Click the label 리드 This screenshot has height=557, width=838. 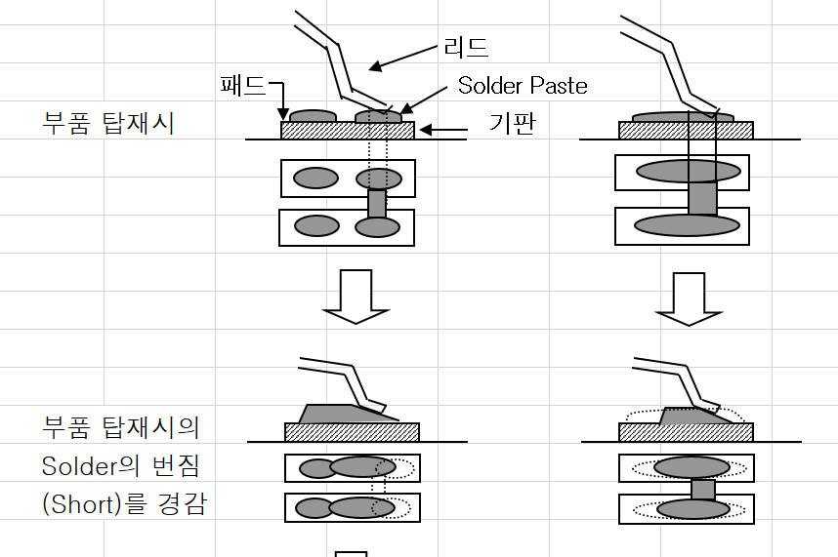(466, 46)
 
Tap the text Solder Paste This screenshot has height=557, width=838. (523, 86)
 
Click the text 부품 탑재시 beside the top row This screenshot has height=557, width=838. (108, 125)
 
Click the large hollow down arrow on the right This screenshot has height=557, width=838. (688, 298)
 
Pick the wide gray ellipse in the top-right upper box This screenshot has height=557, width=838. (689, 172)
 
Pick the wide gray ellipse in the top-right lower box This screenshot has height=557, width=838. (688, 225)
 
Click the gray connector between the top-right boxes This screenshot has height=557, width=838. (701, 198)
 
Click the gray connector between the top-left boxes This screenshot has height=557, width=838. (377, 203)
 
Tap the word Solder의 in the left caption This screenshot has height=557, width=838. (89, 466)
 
